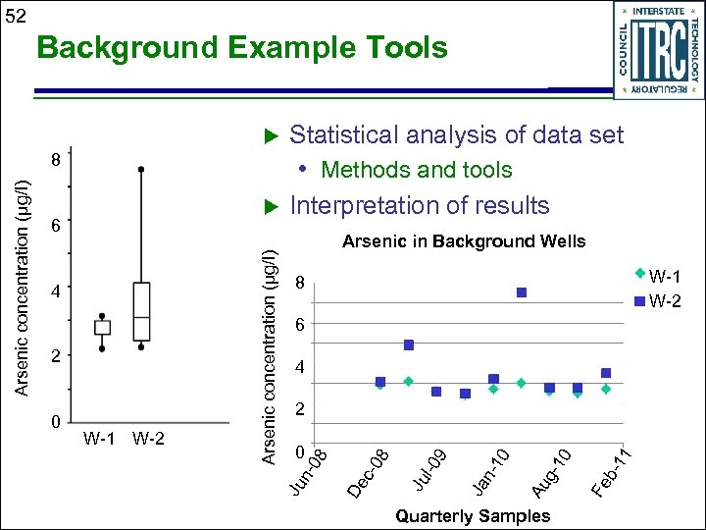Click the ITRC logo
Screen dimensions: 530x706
click(658, 50)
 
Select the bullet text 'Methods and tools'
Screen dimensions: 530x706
click(416, 170)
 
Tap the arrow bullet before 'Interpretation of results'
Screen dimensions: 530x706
click(273, 206)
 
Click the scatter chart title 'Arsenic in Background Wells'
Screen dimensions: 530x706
click(463, 241)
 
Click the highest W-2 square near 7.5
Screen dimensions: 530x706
click(522, 292)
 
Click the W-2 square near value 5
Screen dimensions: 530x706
click(409, 344)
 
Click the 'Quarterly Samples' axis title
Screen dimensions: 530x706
click(472, 515)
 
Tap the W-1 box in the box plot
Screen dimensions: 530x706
click(102, 327)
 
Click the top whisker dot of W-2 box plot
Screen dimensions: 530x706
click(141, 170)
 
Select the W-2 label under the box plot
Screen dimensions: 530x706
click(148, 438)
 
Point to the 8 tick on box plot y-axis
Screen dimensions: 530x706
click(57, 159)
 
